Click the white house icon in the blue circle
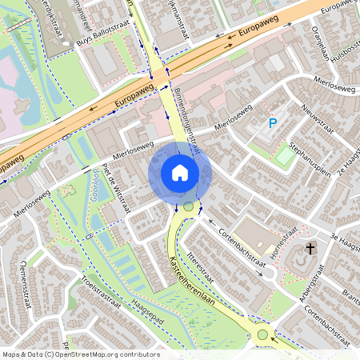click(x=179, y=173)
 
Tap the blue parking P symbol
click(x=272, y=124)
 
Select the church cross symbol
click(x=309, y=250)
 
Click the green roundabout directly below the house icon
click(x=188, y=207)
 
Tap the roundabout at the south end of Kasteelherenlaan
click(x=262, y=334)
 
